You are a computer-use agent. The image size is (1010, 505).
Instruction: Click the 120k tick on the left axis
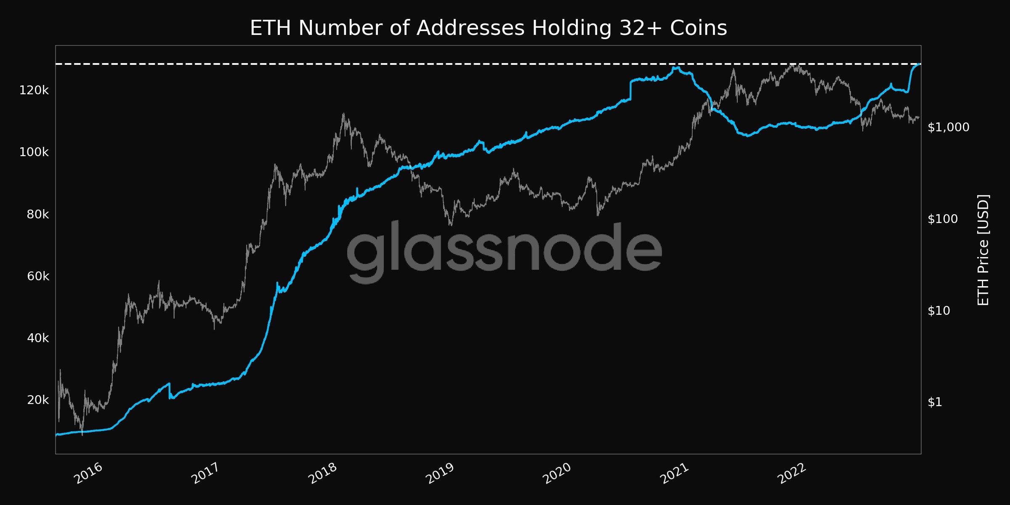pyautogui.click(x=34, y=90)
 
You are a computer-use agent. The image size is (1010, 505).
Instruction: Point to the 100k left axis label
pyautogui.click(x=34, y=152)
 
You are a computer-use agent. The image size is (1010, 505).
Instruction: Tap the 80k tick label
pyautogui.click(x=38, y=215)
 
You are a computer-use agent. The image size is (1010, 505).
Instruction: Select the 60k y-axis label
pyautogui.click(x=38, y=276)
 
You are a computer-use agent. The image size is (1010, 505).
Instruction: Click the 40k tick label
pyautogui.click(x=38, y=338)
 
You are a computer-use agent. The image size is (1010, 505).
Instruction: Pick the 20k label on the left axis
pyautogui.click(x=38, y=400)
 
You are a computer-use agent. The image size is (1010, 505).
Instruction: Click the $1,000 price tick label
pyautogui.click(x=948, y=127)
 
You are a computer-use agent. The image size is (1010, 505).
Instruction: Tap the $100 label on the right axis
pyautogui.click(x=942, y=219)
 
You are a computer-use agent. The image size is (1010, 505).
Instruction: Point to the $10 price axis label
pyautogui.click(x=939, y=311)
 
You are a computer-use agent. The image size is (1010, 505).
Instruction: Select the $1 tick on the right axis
pyautogui.click(x=935, y=402)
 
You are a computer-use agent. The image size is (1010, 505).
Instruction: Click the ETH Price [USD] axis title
pyautogui.click(x=983, y=250)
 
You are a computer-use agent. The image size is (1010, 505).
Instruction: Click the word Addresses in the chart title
pyautogui.click(x=470, y=29)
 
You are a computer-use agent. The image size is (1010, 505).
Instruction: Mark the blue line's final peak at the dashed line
pyautogui.click(x=920, y=64)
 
